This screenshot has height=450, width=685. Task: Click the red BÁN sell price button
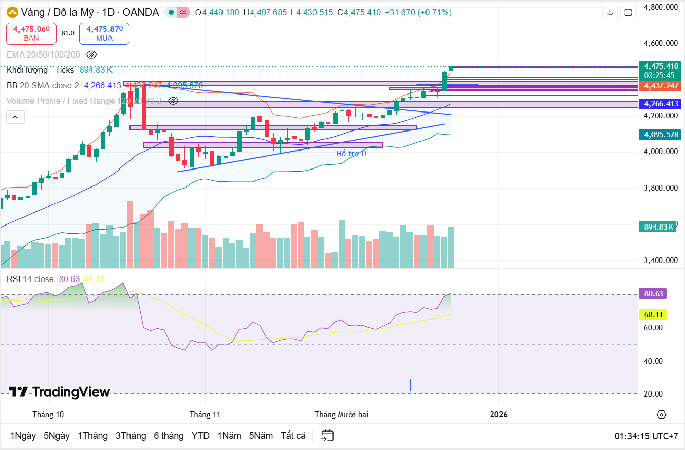click(31, 33)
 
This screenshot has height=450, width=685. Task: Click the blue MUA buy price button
click(104, 33)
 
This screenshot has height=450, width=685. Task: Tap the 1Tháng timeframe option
click(92, 436)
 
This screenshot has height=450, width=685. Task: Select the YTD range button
click(200, 436)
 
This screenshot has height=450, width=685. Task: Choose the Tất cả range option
click(293, 436)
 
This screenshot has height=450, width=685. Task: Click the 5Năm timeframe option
click(261, 436)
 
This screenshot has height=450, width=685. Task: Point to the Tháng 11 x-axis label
click(205, 414)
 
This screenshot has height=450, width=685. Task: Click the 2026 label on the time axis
click(498, 414)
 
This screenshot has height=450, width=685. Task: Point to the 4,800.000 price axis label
click(660, 7)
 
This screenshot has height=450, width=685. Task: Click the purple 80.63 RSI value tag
click(652, 294)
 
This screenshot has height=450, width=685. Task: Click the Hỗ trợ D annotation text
click(351, 154)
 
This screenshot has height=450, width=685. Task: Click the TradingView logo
click(59, 392)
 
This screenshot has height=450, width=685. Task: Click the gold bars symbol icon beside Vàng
click(12, 12)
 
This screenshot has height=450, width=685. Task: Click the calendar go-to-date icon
click(327, 436)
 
